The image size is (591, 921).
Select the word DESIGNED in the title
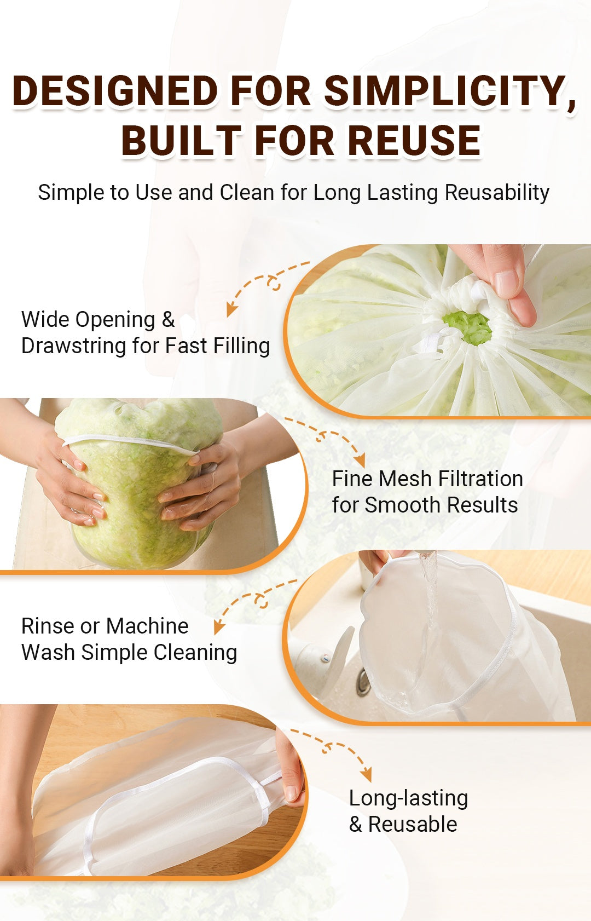point(115,90)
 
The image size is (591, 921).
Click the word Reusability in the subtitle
point(497,193)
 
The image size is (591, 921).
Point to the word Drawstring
point(73,346)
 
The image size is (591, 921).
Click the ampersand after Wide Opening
point(168,319)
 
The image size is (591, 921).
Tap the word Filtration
point(480,479)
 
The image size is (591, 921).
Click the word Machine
point(147,626)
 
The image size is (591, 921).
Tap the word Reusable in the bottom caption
point(413,825)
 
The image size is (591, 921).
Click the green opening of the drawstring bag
point(467,327)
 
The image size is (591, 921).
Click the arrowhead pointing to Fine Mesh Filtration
point(360,462)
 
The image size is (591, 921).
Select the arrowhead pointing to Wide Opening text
point(231,309)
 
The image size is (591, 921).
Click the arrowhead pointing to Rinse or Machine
point(219,628)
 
